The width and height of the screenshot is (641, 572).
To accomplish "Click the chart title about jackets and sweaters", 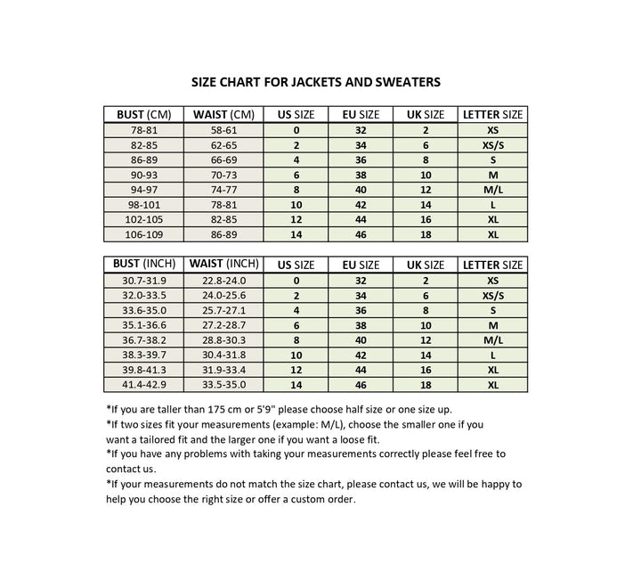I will (316, 82).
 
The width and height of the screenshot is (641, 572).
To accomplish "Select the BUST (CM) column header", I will (143, 115).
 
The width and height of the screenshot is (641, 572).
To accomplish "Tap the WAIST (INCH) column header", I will (223, 265).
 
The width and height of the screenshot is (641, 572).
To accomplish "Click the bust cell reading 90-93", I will (143, 175).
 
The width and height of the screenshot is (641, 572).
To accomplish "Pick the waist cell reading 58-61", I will (223, 130).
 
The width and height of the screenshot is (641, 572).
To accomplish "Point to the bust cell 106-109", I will (143, 234).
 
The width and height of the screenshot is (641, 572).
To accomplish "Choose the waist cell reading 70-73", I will (223, 175).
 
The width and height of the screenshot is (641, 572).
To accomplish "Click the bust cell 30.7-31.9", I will (143, 280).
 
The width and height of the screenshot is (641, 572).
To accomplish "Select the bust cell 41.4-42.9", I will (143, 384).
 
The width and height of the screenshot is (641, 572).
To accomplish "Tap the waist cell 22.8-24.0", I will (223, 280).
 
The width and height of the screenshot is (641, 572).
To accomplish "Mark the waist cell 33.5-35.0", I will (223, 384).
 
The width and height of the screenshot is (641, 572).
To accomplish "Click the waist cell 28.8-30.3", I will (223, 339).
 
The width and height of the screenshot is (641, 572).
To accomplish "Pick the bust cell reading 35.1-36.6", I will (143, 324).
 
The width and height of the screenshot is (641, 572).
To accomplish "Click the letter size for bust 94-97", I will (492, 190).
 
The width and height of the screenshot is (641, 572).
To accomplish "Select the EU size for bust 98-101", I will (361, 205).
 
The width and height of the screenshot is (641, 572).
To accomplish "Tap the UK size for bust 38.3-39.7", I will (426, 355).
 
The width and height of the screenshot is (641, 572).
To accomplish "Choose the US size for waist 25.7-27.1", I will (296, 309).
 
